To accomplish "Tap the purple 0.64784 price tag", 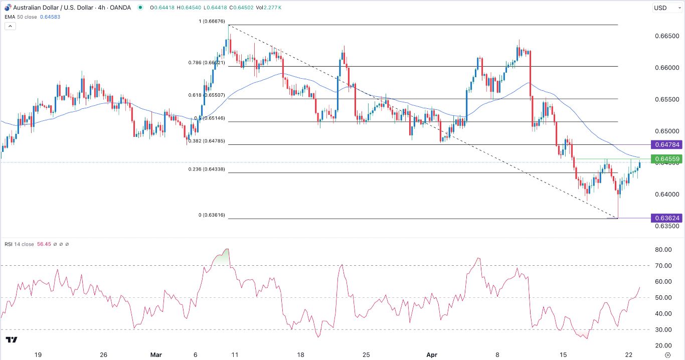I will click(x=666, y=145).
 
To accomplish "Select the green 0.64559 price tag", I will click(x=666, y=159).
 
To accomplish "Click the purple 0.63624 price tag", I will click(x=666, y=218).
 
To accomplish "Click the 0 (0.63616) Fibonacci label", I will click(x=212, y=215).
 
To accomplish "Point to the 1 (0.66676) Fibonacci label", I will click(x=212, y=21).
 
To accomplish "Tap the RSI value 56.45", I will click(x=44, y=244).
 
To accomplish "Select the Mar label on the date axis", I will click(x=156, y=354).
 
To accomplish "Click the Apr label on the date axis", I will click(x=432, y=354).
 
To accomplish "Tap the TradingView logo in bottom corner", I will click(x=12, y=340).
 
